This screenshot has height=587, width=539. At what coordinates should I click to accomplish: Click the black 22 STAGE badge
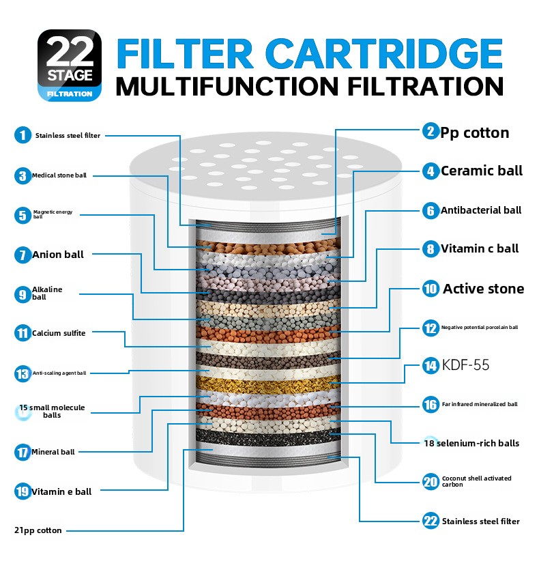(x=70, y=65)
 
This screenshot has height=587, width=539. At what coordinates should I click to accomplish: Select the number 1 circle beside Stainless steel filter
(x=23, y=135)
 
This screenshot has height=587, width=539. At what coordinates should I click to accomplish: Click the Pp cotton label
(x=475, y=133)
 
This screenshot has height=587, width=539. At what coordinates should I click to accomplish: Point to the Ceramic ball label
(x=482, y=171)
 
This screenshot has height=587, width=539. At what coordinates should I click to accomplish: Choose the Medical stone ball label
(x=59, y=175)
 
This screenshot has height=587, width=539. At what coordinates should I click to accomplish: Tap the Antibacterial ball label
(x=481, y=210)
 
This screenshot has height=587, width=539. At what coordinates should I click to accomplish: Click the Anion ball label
(x=58, y=255)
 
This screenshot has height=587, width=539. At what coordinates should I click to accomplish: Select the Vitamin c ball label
(x=480, y=248)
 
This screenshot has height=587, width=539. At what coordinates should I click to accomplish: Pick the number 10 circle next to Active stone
(x=431, y=289)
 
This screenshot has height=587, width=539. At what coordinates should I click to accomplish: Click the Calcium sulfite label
(x=59, y=333)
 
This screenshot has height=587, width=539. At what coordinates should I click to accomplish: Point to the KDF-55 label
(x=465, y=364)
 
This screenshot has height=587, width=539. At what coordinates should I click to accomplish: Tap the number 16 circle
(x=431, y=405)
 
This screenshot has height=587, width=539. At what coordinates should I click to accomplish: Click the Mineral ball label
(x=53, y=452)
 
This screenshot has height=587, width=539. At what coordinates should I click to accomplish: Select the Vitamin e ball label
(x=61, y=491)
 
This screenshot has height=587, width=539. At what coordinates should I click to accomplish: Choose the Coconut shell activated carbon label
(x=476, y=481)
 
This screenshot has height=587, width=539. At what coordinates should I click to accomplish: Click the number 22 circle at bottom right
(x=431, y=521)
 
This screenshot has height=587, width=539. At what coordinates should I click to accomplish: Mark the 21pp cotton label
(x=38, y=530)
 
